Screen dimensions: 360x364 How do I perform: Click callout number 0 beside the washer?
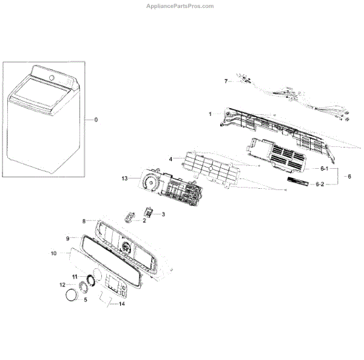tap(95, 120)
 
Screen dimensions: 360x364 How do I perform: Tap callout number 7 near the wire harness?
tap(226, 81)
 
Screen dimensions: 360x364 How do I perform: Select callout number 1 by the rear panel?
tap(210, 114)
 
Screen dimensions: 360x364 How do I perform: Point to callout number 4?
tap(171, 158)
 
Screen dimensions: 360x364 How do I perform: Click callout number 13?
tap(125, 178)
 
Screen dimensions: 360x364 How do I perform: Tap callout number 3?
tap(163, 214)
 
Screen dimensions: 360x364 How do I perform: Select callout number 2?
tap(144, 220)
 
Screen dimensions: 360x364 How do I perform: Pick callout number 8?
tap(84, 222)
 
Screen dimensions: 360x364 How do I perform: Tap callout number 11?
tap(75, 276)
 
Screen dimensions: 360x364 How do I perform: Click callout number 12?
tap(62, 284)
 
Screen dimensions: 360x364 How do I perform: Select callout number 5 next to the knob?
tap(85, 299)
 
